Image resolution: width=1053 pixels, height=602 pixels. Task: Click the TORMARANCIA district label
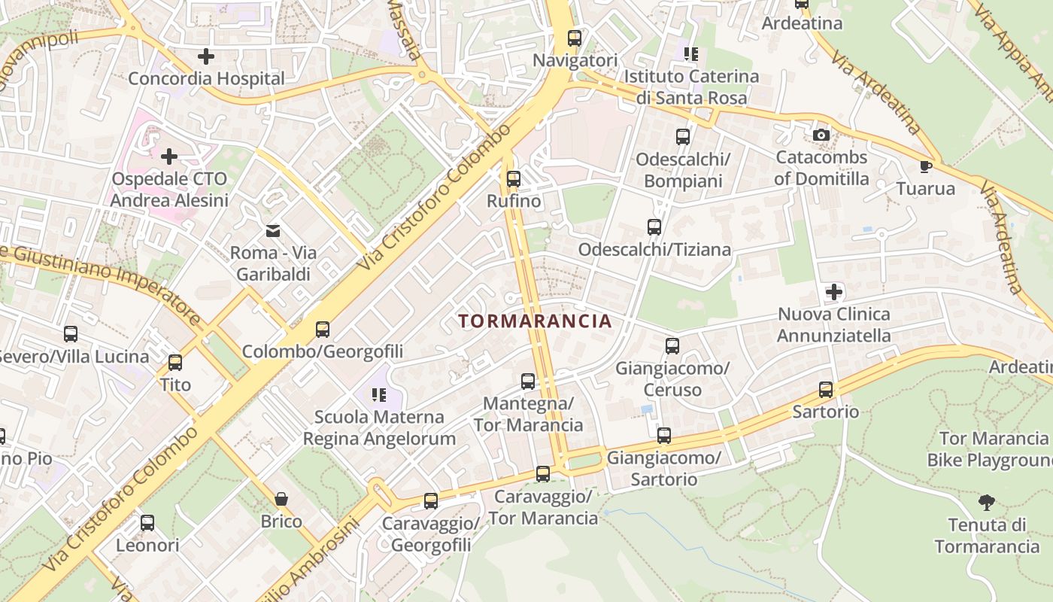point(535,321)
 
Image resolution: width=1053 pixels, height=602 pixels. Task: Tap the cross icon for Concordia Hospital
point(205,56)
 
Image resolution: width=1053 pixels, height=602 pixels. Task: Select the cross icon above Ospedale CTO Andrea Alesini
point(169,157)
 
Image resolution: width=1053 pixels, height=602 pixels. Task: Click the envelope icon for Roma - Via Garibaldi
point(272,230)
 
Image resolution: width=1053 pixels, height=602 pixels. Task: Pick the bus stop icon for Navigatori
point(575,38)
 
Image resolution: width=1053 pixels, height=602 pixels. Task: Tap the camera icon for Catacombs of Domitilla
point(821,135)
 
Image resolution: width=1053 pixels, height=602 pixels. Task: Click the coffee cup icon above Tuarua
point(925,166)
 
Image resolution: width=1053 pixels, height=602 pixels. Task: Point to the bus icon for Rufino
point(514,179)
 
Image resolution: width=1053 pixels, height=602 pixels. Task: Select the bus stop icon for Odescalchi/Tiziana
point(654,227)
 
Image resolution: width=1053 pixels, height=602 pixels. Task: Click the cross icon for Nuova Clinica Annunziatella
point(833,292)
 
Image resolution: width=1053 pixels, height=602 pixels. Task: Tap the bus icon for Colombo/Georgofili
point(323,329)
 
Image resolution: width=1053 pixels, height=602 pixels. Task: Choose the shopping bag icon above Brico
point(281,499)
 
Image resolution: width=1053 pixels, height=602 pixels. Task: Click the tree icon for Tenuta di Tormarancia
point(986,502)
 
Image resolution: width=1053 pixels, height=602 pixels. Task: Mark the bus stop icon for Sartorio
point(826,390)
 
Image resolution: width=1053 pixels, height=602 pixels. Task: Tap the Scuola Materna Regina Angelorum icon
point(378,394)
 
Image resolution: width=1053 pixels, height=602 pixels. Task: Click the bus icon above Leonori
point(147,522)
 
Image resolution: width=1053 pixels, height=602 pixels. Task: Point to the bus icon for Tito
point(175,363)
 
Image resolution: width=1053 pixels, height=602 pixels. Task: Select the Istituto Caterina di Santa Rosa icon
point(691,54)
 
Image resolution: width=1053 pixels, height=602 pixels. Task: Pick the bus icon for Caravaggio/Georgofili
point(431,500)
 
